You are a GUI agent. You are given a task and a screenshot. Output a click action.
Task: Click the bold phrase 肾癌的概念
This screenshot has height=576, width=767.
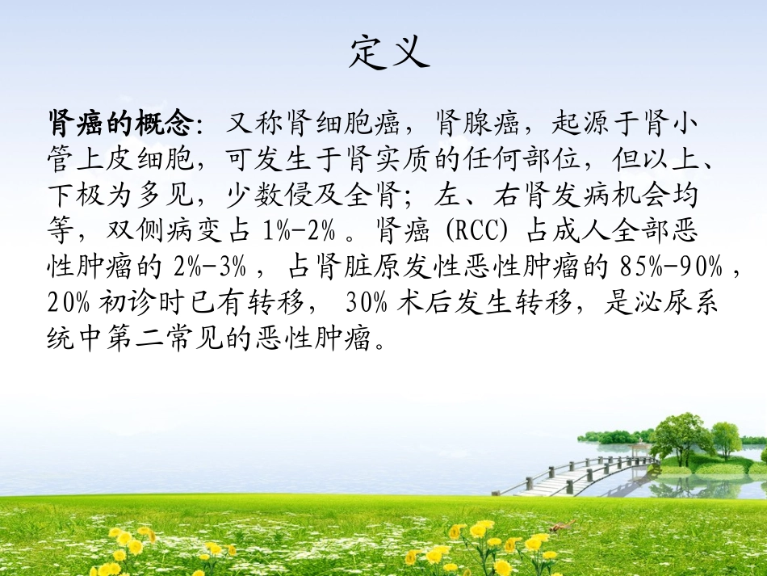[121, 124]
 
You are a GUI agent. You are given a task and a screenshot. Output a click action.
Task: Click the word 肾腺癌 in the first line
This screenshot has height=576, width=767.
[476, 124]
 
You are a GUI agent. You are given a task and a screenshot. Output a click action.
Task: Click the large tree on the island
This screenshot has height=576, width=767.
[683, 437]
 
